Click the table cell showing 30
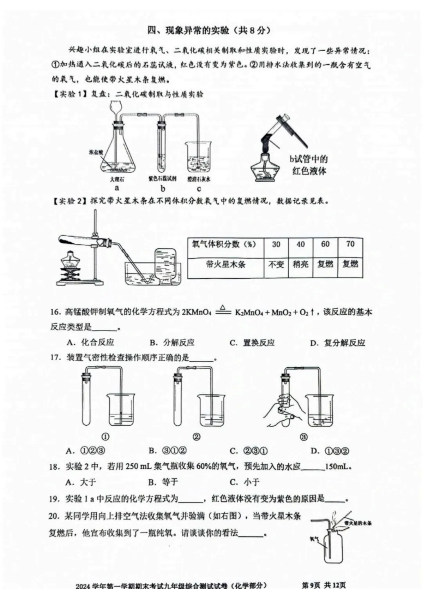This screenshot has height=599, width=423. click(276, 244)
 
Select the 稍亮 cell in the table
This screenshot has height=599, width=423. click(300, 264)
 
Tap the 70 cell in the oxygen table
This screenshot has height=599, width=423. click(350, 244)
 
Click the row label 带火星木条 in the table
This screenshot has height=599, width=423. click(226, 264)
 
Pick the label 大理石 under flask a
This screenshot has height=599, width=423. click(117, 180)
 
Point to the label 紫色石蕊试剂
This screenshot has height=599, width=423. click(162, 179)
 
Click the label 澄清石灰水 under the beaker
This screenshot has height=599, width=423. click(199, 179)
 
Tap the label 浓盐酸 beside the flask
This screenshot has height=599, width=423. click(96, 152)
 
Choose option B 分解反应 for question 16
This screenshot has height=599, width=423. click(172, 343)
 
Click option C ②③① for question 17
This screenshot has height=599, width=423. click(249, 451)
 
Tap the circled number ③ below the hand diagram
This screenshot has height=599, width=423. click(303, 437)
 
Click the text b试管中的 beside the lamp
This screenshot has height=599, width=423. click(309, 159)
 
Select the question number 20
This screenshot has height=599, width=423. click(54, 516)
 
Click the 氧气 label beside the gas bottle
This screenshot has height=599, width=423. click(314, 539)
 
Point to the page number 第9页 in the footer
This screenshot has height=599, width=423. click(311, 585)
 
